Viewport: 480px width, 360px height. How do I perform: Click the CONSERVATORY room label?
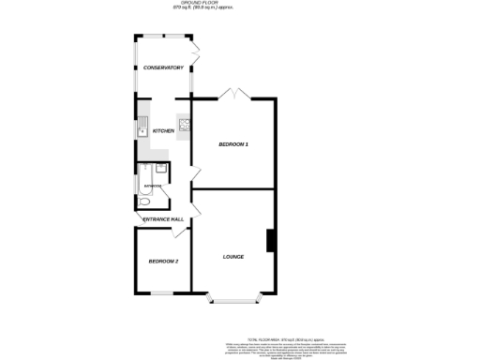pyautogui.click(x=163, y=68)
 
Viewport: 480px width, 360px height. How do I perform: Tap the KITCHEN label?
pyautogui.click(x=163, y=130)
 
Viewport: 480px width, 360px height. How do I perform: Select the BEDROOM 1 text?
pyautogui.click(x=233, y=143)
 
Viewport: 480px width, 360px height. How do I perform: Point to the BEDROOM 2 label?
pyautogui.click(x=163, y=261)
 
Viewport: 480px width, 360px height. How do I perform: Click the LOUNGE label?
pyautogui.click(x=233, y=256)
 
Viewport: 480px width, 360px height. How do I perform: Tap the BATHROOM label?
pyautogui.click(x=150, y=187)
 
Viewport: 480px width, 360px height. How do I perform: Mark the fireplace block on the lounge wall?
pyautogui.click(x=271, y=241)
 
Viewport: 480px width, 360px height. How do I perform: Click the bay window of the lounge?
pyautogui.click(x=232, y=300)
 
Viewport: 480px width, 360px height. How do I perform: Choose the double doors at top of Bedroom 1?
pyautogui.click(x=232, y=93)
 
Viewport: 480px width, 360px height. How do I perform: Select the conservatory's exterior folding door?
pyautogui.click(x=195, y=52)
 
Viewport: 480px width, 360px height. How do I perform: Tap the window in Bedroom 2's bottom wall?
pyautogui.click(x=163, y=292)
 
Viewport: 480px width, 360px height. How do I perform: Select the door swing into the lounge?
pyautogui.click(x=196, y=199)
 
